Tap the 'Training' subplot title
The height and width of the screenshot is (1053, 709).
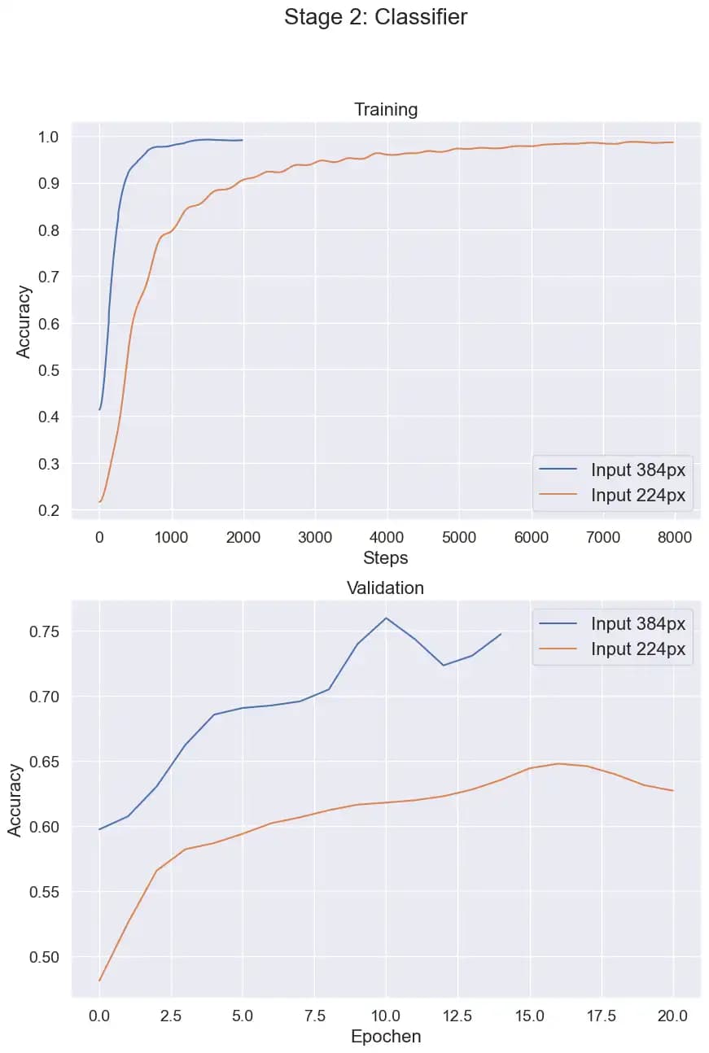click(x=386, y=110)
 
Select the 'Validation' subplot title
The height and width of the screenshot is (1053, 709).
click(x=386, y=588)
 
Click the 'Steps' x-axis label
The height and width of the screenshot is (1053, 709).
click(x=386, y=558)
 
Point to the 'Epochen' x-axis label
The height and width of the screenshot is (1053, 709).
click(x=386, y=1037)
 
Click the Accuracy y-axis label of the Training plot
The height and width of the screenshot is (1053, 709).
click(x=24, y=321)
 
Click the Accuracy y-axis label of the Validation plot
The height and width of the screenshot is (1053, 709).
click(x=15, y=799)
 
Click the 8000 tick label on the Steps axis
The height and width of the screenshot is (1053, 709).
click(x=673, y=537)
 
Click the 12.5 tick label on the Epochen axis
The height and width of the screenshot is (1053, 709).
click(x=458, y=1016)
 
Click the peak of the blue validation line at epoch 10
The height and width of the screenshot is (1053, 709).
click(x=386, y=618)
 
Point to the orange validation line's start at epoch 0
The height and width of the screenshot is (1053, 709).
click(x=99, y=981)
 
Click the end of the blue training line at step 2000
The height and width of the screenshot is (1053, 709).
click(x=242, y=140)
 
